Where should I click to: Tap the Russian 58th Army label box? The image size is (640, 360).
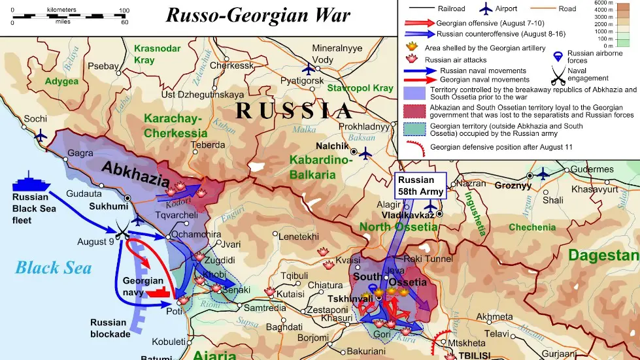(420, 186)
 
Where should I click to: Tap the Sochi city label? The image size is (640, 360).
(36, 119)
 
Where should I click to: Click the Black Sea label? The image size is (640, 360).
(54, 268)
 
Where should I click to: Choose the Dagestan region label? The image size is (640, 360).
(603, 255)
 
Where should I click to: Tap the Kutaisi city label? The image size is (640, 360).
(291, 294)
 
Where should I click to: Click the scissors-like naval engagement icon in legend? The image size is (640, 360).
(558, 78)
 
